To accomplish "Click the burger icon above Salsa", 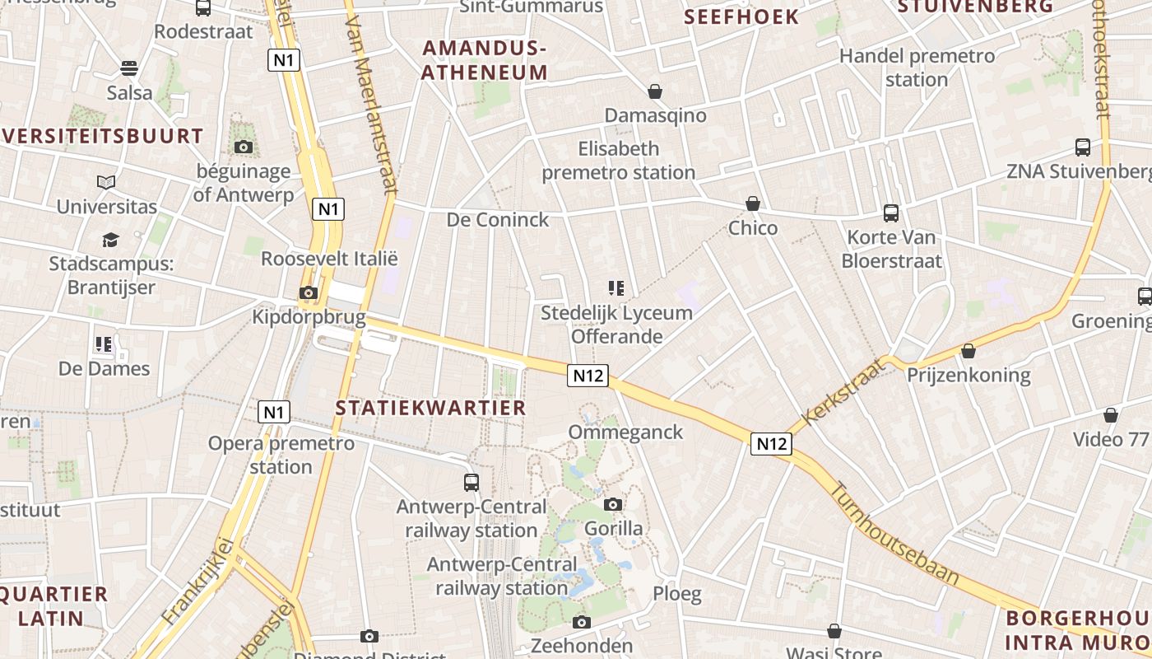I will pyautogui.click(x=129, y=68).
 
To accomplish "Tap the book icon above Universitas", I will pyautogui.click(x=106, y=182).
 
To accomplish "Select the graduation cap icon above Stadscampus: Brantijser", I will pyautogui.click(x=110, y=240).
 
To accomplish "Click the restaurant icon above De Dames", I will pyautogui.click(x=104, y=344).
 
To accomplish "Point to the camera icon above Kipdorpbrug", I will pyautogui.click(x=309, y=293).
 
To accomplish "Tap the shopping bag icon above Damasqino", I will pyautogui.click(x=655, y=91).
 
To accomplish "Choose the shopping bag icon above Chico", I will pyautogui.click(x=752, y=203).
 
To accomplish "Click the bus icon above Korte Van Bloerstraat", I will pyautogui.click(x=891, y=213).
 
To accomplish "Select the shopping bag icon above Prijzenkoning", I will pyautogui.click(x=969, y=352).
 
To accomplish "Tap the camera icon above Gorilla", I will pyautogui.click(x=613, y=504).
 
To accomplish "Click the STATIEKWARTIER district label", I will pyautogui.click(x=430, y=408).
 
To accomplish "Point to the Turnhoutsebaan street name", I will pyautogui.click(x=894, y=534).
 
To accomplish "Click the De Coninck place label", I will pyautogui.click(x=497, y=220).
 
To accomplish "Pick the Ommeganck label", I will pyautogui.click(x=625, y=432).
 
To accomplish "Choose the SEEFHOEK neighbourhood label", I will pyautogui.click(x=741, y=16).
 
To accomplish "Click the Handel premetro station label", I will pyautogui.click(x=917, y=68).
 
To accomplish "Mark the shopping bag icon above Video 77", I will pyautogui.click(x=1111, y=415).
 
